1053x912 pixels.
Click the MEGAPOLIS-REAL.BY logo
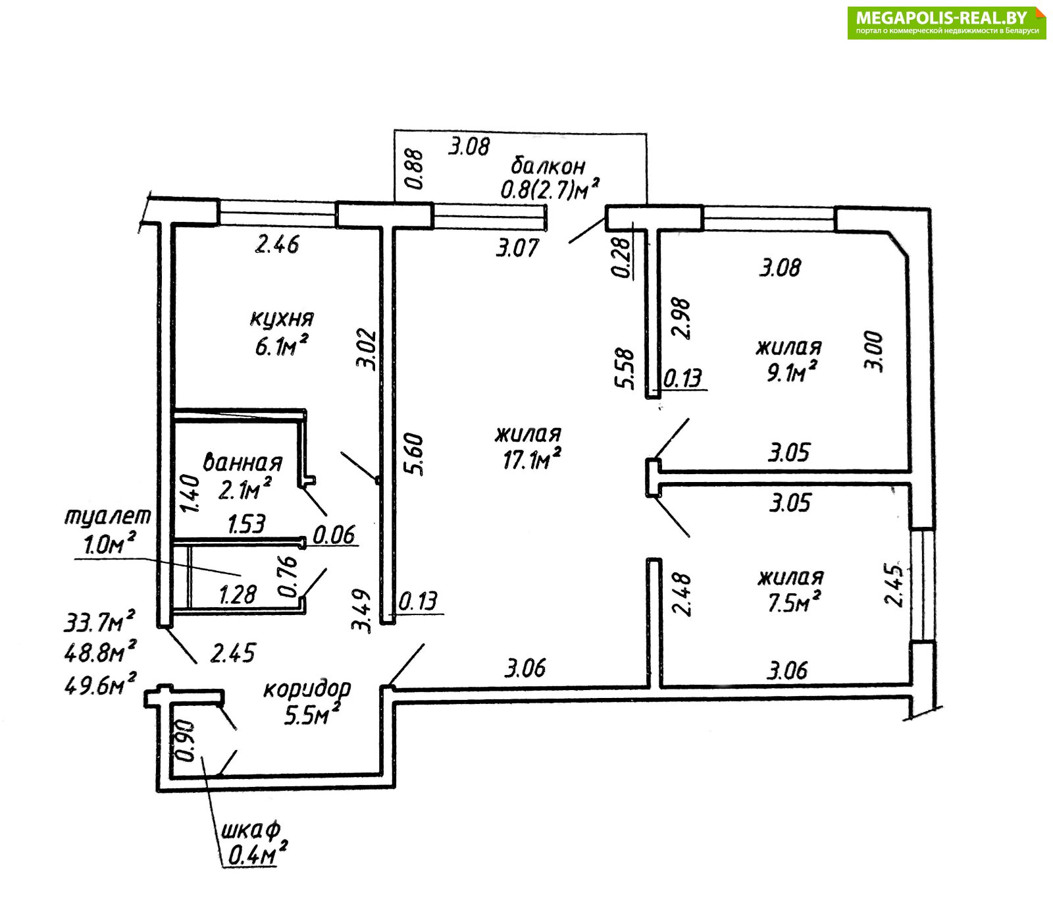[946, 23]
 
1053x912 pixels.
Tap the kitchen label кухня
[282, 319]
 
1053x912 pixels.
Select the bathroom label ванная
[243, 462]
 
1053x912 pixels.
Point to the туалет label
[107, 516]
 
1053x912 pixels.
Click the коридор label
[307, 689]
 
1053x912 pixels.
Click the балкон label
[548, 166]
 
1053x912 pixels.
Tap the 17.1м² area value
[532, 459]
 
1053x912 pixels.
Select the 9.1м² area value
[792, 373]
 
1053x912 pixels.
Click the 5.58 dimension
[628, 369]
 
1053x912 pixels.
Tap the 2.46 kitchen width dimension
[277, 245]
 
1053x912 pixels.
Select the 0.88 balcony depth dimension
[414, 170]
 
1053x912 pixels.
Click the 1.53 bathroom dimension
[247, 524]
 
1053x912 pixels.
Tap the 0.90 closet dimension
[185, 740]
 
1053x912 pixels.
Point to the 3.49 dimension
[362, 611]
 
